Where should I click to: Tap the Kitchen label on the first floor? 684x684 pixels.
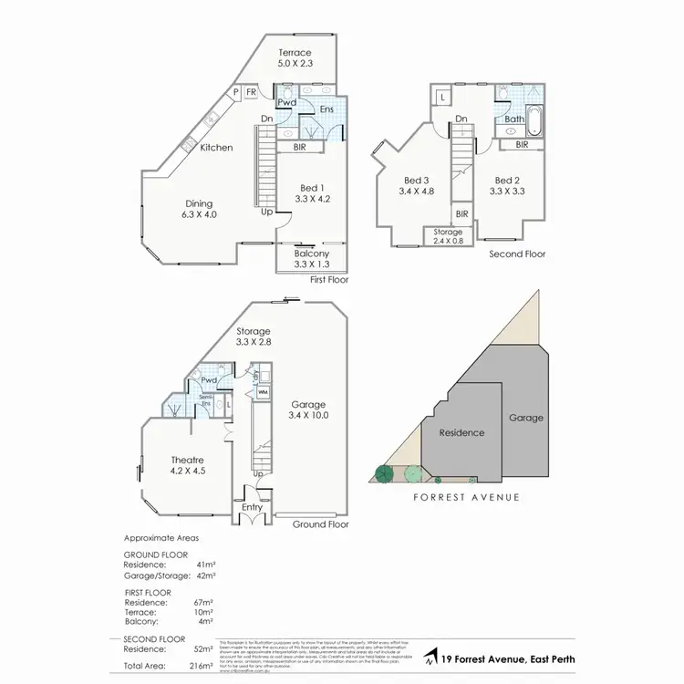pos(216,148)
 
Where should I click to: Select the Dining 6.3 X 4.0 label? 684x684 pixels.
pos(200,209)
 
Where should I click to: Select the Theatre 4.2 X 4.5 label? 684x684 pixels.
pos(186,466)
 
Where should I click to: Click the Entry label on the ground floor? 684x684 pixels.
pos(251,507)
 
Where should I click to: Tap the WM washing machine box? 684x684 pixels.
pos(263,393)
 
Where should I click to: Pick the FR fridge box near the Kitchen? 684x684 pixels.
pos(250,91)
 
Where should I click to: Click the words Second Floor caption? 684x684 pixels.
pos(517,254)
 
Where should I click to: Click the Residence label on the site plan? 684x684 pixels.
pos(461,432)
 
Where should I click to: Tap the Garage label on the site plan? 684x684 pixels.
pos(525,418)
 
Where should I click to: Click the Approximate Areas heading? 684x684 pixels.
pos(161,538)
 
